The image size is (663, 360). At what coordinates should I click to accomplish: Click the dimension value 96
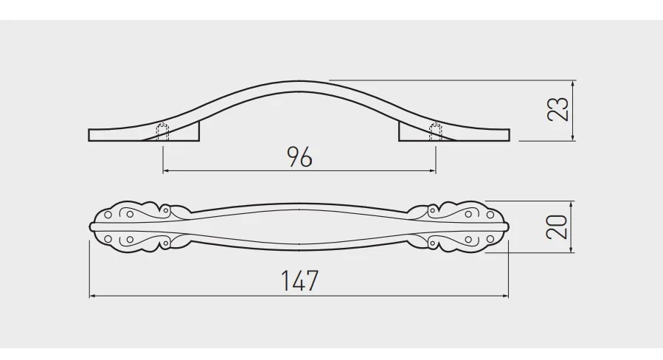299,157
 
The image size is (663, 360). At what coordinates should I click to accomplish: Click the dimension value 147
299,280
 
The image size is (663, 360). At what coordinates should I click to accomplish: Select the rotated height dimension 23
558,109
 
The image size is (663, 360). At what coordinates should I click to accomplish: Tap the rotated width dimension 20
557,227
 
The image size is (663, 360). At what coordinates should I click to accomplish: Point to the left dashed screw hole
163,132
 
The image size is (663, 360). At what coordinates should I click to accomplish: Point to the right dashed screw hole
436,132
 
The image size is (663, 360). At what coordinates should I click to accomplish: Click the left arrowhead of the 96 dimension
166,171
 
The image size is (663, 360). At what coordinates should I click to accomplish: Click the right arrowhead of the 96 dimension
433,171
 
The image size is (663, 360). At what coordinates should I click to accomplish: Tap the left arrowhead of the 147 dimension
93,296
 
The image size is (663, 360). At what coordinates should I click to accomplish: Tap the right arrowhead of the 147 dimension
505,296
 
